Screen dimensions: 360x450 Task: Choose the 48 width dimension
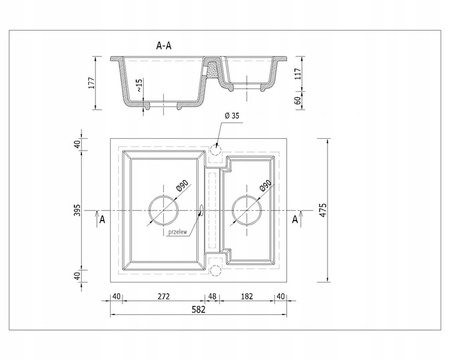tap(212, 297)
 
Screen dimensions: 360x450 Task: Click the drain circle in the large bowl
tap(162, 210)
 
